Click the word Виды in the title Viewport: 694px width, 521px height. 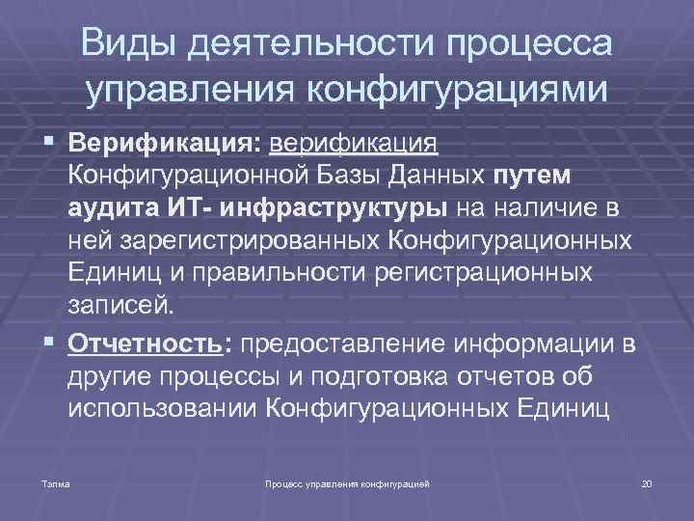click(x=128, y=44)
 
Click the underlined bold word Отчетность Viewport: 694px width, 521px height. click(x=148, y=343)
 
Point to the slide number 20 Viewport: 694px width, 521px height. click(x=647, y=480)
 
